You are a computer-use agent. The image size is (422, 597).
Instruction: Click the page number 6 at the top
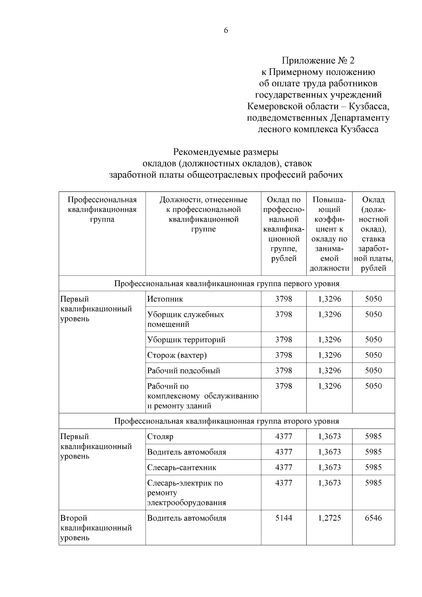[x=226, y=31]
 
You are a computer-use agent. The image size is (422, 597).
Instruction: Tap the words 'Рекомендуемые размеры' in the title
[x=225, y=152]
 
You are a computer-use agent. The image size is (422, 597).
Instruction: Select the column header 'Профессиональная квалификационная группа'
[x=102, y=209]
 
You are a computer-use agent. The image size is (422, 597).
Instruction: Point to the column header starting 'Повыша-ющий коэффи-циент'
[x=329, y=234]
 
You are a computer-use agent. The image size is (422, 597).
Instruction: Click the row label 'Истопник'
[x=165, y=299]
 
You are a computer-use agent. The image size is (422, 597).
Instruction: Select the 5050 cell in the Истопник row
[x=373, y=299]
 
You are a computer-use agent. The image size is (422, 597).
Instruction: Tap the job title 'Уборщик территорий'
[x=186, y=339]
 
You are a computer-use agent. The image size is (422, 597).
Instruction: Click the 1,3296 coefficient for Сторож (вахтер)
[x=329, y=355]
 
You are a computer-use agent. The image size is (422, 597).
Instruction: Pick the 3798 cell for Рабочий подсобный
[x=283, y=370]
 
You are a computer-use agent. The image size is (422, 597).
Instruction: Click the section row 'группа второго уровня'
[x=226, y=421]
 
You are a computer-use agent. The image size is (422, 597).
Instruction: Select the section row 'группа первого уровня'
[x=226, y=284]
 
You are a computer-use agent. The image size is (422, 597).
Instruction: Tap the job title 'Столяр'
[x=160, y=437]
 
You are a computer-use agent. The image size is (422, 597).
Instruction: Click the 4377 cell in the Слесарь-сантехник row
[x=283, y=468]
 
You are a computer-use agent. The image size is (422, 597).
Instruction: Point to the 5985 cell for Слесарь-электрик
[x=373, y=483]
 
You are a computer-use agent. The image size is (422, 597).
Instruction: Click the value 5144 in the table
[x=283, y=518]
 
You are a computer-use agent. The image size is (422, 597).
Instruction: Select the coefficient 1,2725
[x=329, y=518]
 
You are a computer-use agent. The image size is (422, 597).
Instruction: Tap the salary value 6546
[x=373, y=518]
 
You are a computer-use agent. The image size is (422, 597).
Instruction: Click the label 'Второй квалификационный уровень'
[x=96, y=528]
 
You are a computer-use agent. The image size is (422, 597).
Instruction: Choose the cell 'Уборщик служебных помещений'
[x=185, y=319]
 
